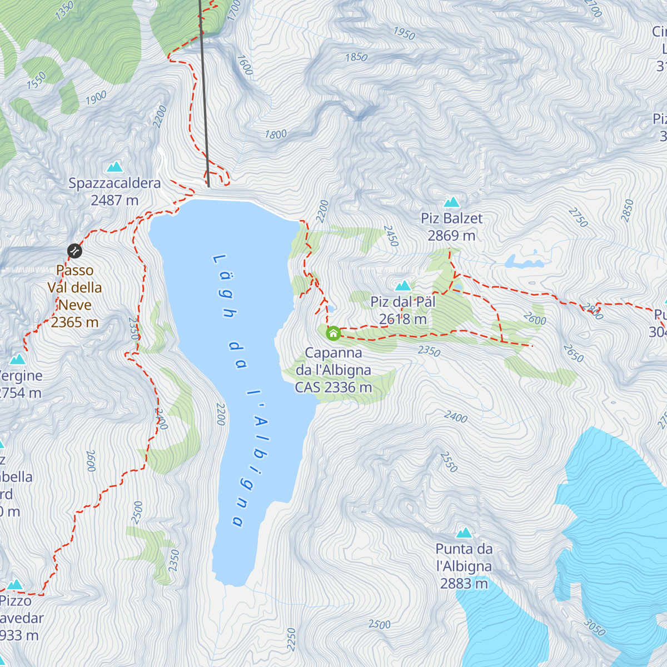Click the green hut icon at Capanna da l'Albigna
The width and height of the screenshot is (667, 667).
click(x=333, y=333)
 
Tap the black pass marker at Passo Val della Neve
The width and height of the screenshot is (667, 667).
click(x=74, y=251)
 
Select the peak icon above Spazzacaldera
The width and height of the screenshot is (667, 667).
click(x=115, y=166)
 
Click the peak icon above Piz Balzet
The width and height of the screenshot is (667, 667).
click(x=451, y=202)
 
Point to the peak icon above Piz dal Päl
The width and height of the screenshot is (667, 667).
click(x=403, y=286)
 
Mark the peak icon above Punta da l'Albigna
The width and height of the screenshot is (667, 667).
click(x=464, y=533)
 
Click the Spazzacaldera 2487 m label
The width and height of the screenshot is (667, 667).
click(x=115, y=192)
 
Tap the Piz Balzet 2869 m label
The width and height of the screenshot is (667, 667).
click(x=451, y=227)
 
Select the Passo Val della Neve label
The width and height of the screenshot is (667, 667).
click(x=74, y=296)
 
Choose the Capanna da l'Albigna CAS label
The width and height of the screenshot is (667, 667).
click(x=333, y=370)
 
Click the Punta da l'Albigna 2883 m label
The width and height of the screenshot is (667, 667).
click(x=464, y=566)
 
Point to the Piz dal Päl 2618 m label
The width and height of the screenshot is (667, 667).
click(x=403, y=311)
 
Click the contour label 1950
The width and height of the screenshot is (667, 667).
click(x=404, y=34)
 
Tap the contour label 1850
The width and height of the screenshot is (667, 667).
click(x=356, y=57)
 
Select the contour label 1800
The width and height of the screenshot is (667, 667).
click(x=276, y=134)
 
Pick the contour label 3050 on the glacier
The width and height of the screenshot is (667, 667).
click(x=594, y=628)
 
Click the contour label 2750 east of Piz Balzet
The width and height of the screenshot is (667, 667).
click(x=578, y=218)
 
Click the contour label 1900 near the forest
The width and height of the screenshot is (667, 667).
click(x=96, y=98)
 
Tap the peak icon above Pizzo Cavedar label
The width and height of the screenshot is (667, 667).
click(x=14, y=585)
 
